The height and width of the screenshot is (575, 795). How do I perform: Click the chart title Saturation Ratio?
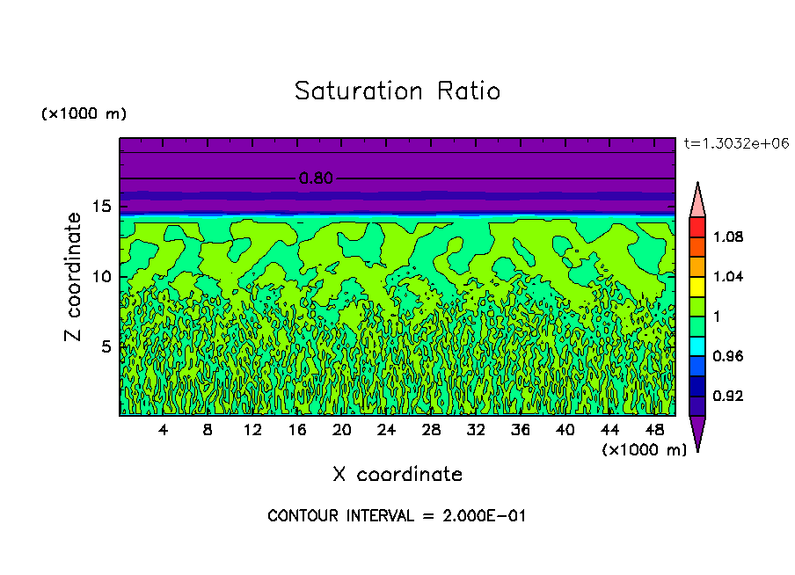pos(397,91)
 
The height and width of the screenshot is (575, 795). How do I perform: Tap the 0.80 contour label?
pos(316,178)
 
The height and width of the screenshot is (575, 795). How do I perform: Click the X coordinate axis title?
pos(397,475)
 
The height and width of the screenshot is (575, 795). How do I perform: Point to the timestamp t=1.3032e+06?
pos(729,143)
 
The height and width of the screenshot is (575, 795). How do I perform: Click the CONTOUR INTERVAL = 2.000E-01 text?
pos(397,516)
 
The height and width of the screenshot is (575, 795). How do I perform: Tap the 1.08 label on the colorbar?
pos(729,237)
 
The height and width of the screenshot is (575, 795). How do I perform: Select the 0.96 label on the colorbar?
pos(729,356)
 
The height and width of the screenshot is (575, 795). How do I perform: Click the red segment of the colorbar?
pos(697,227)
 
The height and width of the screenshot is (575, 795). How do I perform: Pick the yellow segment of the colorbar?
pos(697,286)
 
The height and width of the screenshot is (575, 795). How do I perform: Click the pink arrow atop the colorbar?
pos(697,200)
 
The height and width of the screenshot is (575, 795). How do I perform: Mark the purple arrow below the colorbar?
pos(697,431)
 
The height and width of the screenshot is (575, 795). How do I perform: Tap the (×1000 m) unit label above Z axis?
pos(84,114)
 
